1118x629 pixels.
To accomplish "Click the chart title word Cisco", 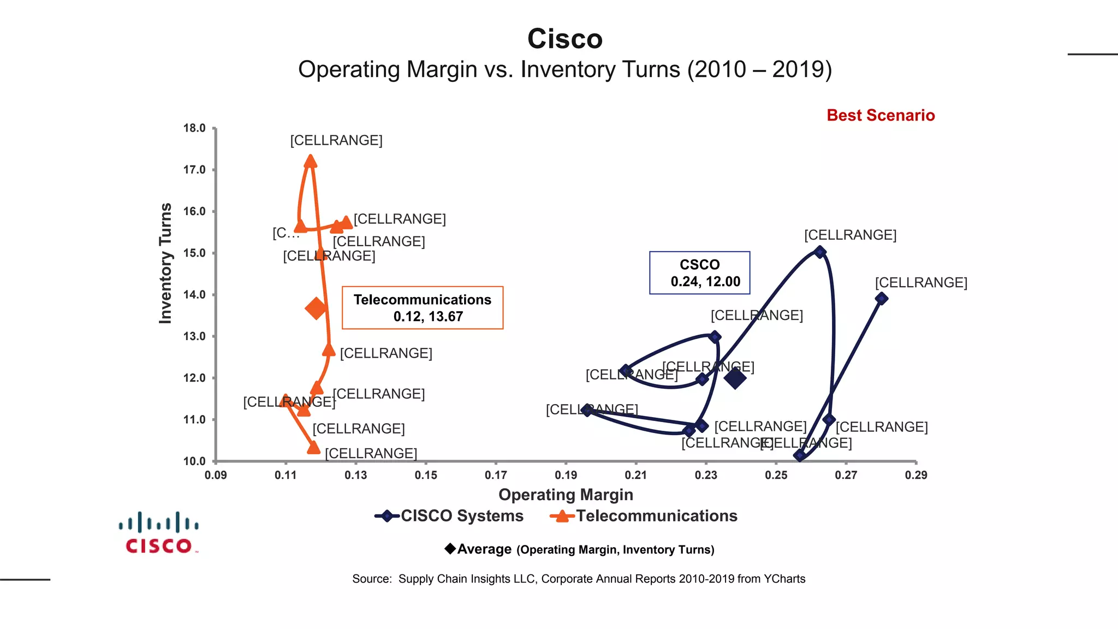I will [x=564, y=39].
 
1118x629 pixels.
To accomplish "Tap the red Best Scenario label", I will [x=880, y=115].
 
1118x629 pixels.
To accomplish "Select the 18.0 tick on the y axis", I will [x=194, y=128].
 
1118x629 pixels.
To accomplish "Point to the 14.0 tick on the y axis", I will [x=194, y=295].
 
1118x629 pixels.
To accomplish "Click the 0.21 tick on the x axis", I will [x=636, y=475].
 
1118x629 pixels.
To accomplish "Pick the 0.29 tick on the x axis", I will [x=915, y=475].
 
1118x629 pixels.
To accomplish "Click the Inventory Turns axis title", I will [x=165, y=263].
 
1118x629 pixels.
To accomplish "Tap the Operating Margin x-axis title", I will [x=566, y=495].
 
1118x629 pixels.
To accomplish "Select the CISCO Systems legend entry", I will [x=449, y=516].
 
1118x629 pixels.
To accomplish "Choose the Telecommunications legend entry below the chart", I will [x=644, y=516].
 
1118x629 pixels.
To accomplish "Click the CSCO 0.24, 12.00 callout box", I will [x=699, y=273].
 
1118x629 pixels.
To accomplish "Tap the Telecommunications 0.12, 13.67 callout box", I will [x=422, y=308].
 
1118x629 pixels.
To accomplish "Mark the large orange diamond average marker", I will [x=316, y=308].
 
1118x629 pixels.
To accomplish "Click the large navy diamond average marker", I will [x=735, y=378].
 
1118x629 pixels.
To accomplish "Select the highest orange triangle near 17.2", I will [x=311, y=161].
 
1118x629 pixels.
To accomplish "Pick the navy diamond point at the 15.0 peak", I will [x=819, y=252].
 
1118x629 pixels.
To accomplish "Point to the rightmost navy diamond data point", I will [x=881, y=299].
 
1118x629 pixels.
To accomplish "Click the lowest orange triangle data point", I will [x=313, y=448].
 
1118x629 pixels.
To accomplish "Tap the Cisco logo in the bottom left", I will [x=158, y=533].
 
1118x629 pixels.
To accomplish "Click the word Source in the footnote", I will [x=371, y=579].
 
